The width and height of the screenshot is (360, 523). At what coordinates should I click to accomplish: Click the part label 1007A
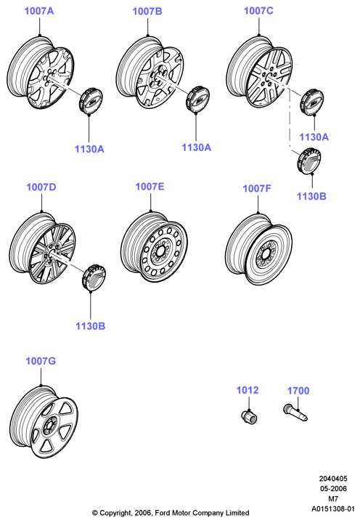(39, 11)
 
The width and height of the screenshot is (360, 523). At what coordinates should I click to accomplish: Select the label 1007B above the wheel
(147, 12)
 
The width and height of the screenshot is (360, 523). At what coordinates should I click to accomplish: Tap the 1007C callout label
(258, 11)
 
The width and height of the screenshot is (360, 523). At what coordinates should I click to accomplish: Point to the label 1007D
(41, 187)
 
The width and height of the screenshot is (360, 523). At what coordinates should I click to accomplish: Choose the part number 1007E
(150, 186)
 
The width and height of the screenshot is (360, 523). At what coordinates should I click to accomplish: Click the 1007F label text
(257, 188)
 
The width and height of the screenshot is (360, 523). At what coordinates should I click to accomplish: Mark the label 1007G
(41, 361)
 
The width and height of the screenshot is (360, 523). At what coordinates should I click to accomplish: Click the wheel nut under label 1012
(250, 416)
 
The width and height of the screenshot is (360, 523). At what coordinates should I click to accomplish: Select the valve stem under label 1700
(295, 413)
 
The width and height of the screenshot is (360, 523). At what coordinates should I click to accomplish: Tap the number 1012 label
(247, 390)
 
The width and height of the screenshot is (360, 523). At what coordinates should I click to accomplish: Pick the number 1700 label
(298, 390)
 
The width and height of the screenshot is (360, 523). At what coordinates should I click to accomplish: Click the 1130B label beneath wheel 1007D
(90, 326)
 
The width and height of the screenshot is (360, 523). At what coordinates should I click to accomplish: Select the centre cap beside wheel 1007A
(91, 100)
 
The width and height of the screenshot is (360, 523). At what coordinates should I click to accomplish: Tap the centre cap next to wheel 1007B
(197, 99)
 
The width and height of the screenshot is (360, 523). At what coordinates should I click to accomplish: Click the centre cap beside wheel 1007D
(94, 277)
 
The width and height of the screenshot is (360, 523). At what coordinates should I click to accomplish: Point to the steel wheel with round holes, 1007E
(154, 247)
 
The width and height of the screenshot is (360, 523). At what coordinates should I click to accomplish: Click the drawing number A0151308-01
(333, 509)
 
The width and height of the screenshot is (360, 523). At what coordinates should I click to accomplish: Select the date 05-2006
(333, 489)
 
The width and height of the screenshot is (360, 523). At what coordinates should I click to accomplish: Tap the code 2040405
(333, 479)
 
